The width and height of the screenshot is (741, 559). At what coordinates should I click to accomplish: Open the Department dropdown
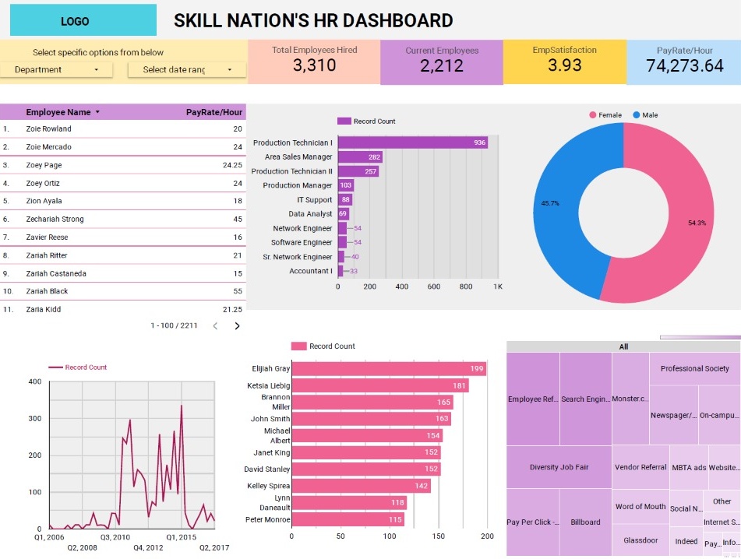tap(56, 70)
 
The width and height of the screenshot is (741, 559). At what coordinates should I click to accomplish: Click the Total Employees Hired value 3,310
tap(314, 66)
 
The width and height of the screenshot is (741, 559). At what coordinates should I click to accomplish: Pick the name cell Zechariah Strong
tap(55, 220)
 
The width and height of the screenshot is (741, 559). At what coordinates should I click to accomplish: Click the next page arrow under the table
tap(238, 326)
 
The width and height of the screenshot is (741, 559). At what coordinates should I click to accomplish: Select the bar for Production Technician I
tap(412, 142)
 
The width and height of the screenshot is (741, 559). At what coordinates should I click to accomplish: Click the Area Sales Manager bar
tap(359, 157)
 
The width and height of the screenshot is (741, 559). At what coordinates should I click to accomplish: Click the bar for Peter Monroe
tap(348, 520)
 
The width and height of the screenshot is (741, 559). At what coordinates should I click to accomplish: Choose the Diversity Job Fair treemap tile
tap(559, 467)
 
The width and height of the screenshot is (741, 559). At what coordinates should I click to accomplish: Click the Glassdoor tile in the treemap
tap(640, 540)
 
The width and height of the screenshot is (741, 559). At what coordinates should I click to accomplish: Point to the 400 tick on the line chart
tap(34, 381)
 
